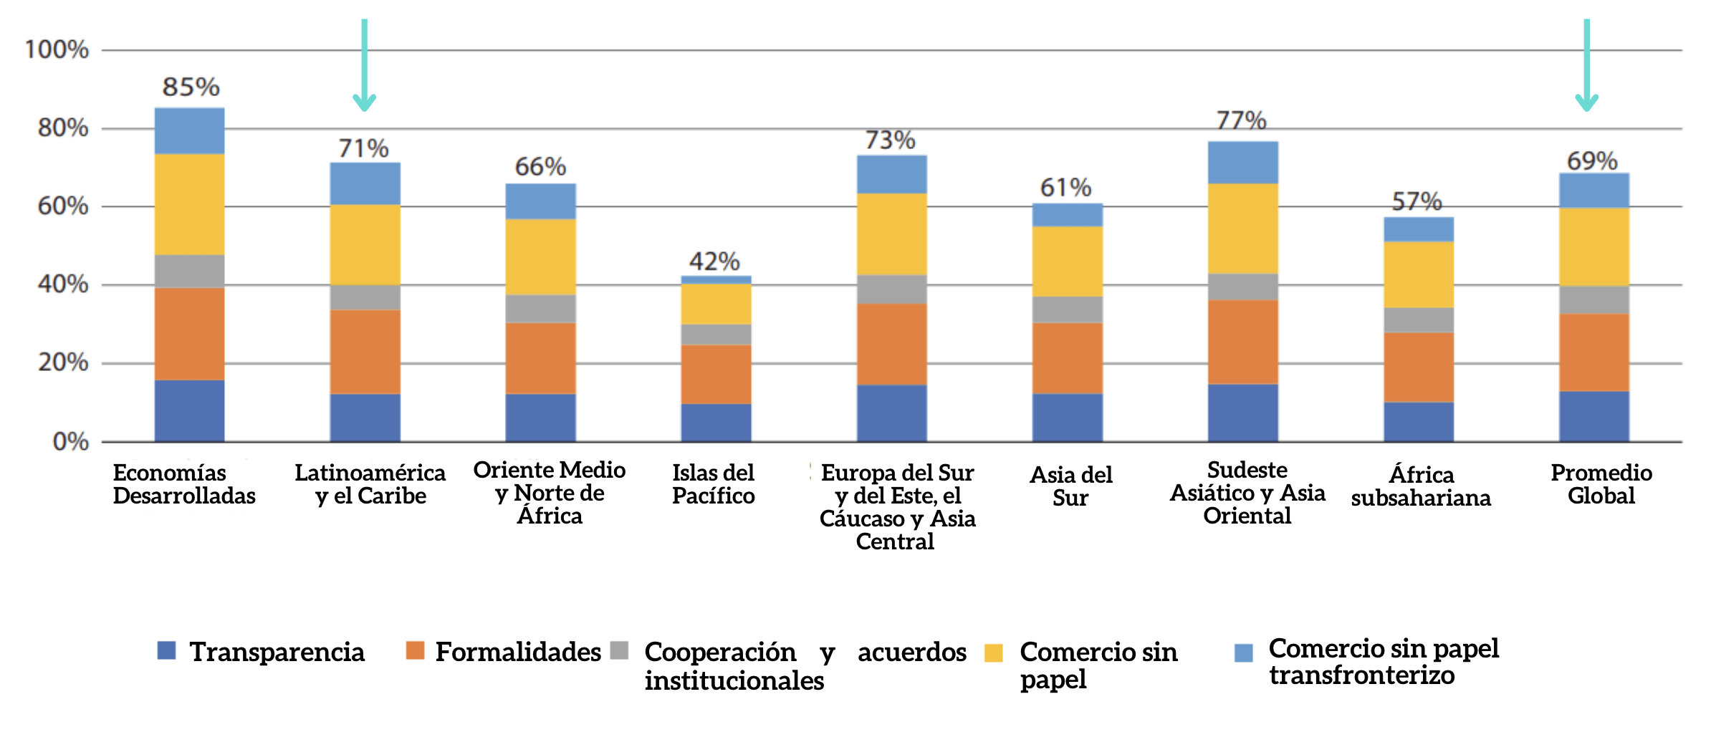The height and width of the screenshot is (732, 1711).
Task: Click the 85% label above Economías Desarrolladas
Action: [x=191, y=87]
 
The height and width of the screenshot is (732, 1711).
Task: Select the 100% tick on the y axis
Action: [x=57, y=49]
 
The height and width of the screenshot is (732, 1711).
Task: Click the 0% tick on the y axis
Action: [x=70, y=441]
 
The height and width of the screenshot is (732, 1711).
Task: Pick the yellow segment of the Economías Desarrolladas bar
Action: [x=189, y=204]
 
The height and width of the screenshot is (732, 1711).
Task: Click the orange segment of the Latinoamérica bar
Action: [x=365, y=351]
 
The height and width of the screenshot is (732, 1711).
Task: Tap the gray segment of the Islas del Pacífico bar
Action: [x=716, y=334]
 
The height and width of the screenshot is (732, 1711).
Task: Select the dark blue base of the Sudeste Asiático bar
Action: [x=1242, y=413]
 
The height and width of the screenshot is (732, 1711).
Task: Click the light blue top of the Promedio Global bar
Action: [x=1593, y=191]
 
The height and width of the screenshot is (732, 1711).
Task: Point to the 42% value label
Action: [x=714, y=261]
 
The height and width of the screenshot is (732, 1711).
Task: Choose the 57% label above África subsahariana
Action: [x=1417, y=201]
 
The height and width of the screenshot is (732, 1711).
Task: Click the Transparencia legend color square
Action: [x=166, y=650]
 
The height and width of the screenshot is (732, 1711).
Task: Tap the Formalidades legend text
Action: [x=517, y=652]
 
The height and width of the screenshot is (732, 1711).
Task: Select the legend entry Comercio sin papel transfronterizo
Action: [x=1382, y=661]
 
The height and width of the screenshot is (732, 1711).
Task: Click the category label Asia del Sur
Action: [x=1070, y=486]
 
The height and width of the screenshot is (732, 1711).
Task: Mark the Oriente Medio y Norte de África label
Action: [x=549, y=493]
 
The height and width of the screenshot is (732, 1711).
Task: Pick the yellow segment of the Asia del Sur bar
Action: [x=1067, y=261]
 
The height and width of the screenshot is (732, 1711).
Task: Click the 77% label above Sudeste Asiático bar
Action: [x=1241, y=120]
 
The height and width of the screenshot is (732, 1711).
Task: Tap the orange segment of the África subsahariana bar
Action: [x=1418, y=367]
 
